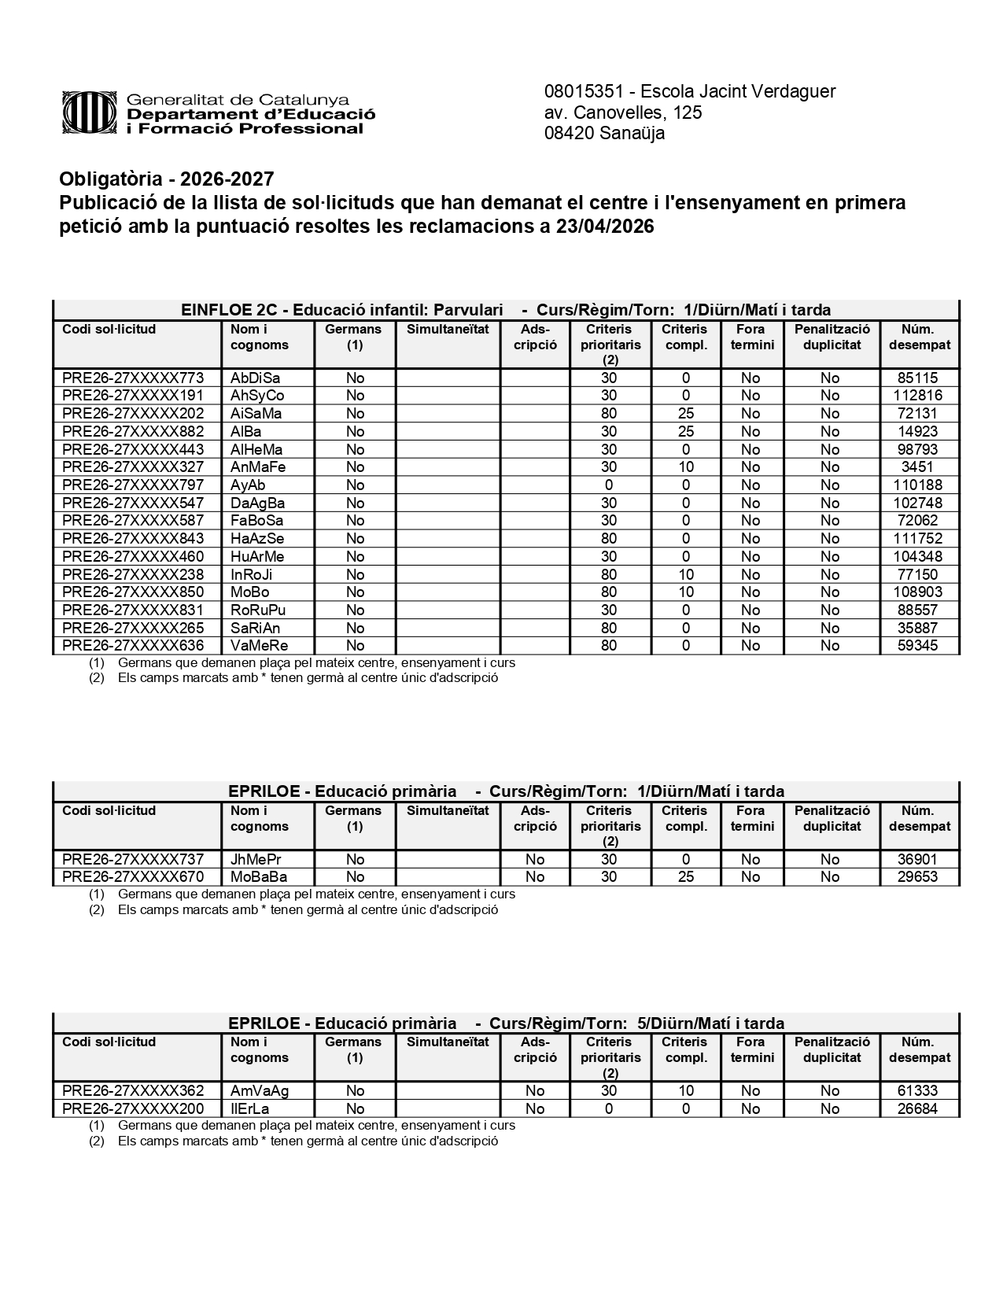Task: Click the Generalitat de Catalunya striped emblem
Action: [x=90, y=113]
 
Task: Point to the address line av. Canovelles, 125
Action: [x=623, y=112]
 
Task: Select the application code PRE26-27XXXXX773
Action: [x=133, y=378]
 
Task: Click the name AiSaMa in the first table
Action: [x=256, y=414]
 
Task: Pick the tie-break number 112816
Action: [x=918, y=396]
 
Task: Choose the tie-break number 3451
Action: [x=918, y=467]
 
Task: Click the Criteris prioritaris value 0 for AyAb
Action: [x=609, y=485]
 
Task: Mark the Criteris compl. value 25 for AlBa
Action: [x=686, y=432]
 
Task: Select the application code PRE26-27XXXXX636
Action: [x=133, y=646]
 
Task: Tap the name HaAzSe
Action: [x=257, y=539]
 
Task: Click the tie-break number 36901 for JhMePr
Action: [x=918, y=859]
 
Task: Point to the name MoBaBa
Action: [x=259, y=877]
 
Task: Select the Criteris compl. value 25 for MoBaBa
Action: [x=686, y=877]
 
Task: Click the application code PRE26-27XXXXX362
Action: [x=133, y=1091]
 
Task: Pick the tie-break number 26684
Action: [x=918, y=1109]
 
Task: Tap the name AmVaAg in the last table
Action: [x=260, y=1091]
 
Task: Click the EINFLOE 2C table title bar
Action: [x=506, y=310]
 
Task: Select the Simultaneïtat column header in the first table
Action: [x=448, y=330]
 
